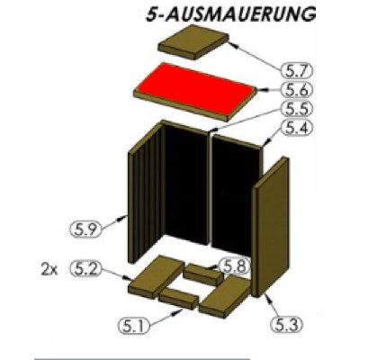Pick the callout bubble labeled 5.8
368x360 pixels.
pos(232,266)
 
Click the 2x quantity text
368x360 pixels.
pos(49,269)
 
